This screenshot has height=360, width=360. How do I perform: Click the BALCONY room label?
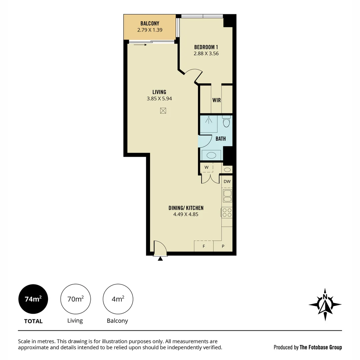point(150,24)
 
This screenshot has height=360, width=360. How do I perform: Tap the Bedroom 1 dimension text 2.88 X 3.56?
point(206,53)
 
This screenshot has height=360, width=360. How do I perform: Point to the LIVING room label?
point(159,92)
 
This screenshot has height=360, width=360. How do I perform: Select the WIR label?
point(216,100)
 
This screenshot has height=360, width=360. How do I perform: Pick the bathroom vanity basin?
point(211,155)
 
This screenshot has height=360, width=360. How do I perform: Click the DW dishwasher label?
point(227,182)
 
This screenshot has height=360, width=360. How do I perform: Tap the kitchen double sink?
point(227,196)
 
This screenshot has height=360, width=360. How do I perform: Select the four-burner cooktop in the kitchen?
point(227,212)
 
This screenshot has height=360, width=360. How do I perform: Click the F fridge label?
point(204,247)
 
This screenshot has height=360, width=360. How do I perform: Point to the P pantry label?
point(223,247)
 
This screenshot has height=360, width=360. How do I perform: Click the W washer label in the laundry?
point(206,167)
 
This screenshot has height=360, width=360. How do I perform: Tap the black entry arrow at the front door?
point(160,258)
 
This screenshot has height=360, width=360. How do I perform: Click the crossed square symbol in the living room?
point(163,111)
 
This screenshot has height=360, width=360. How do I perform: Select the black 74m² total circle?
point(33,299)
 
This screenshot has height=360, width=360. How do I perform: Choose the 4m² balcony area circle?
point(118,299)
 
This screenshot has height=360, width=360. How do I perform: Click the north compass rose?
point(325,304)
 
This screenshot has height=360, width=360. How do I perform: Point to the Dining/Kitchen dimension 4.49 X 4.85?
point(186,215)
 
